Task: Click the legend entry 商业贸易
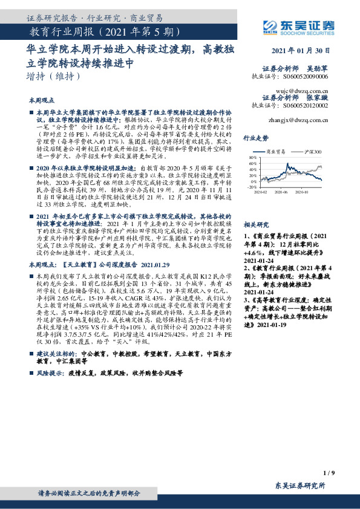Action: point(277,152)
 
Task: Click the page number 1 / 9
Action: point(329,472)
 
